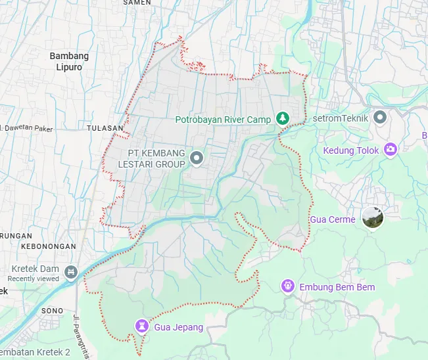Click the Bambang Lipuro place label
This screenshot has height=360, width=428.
[x=69, y=61]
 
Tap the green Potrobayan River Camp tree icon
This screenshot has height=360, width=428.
[x=283, y=118]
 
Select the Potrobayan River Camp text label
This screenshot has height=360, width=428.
[x=223, y=120]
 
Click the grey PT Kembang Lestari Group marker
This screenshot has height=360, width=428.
[x=196, y=158]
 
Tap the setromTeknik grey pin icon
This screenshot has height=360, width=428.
[x=380, y=118]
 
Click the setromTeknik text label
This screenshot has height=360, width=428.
[x=341, y=118]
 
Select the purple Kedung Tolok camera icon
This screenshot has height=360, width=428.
[x=391, y=150]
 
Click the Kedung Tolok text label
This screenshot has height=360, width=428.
[x=351, y=150]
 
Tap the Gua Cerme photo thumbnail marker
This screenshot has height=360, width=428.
[x=373, y=217]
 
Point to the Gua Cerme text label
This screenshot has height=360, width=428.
[x=333, y=219]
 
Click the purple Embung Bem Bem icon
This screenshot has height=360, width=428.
[x=287, y=286]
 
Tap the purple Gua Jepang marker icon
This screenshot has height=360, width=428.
[x=142, y=326]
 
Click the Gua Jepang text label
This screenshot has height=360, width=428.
[x=179, y=327]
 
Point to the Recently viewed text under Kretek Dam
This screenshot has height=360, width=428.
[x=35, y=279]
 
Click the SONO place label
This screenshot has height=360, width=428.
[x=52, y=310]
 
